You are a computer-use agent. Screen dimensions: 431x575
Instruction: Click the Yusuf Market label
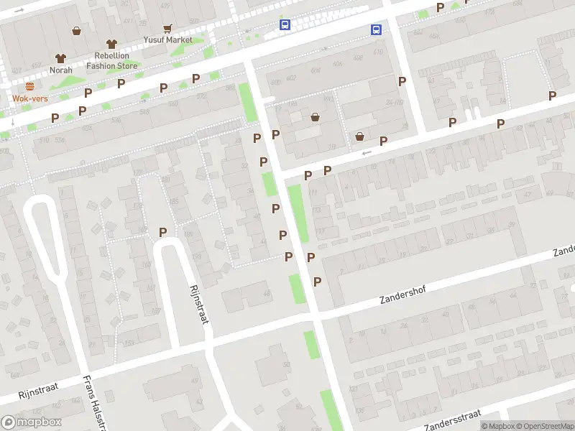point(167,40)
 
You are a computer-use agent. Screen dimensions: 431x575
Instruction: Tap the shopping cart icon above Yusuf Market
point(167,29)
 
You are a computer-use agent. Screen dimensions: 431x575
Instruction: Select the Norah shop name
point(60,70)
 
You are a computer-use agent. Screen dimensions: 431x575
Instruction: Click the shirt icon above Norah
point(60,58)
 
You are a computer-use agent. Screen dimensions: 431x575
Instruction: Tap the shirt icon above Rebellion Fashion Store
point(111,45)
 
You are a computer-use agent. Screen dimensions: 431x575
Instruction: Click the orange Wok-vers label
point(29,98)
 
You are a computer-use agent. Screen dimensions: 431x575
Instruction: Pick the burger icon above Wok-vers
point(29,86)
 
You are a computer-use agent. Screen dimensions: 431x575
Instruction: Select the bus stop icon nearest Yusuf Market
point(285,25)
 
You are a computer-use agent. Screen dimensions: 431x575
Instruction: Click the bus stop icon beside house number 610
point(376,29)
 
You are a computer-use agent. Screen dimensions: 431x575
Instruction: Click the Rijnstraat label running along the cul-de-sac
point(198,304)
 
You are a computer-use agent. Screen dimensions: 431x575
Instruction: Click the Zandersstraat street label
point(452,417)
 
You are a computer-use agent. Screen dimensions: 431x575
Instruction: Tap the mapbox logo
point(32,422)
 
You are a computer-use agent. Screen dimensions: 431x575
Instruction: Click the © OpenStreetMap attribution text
point(543,425)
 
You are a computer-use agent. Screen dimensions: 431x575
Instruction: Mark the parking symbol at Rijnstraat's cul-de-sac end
point(162,232)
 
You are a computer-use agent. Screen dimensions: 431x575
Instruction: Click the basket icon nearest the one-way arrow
point(359,136)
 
